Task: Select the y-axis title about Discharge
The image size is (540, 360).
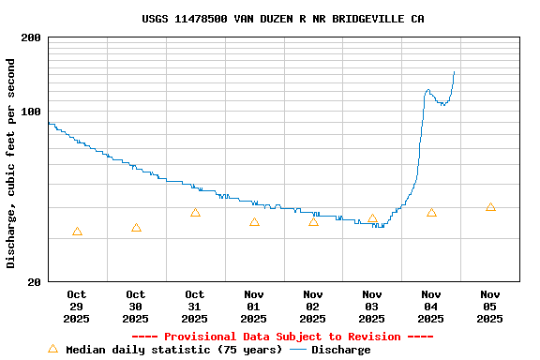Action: [x=11, y=163]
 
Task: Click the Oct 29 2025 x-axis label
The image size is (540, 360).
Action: [x=77, y=307]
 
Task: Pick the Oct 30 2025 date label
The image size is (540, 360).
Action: [x=136, y=307]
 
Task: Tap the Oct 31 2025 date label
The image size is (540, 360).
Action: [x=195, y=307]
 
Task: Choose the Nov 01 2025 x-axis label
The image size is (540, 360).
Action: [x=254, y=307]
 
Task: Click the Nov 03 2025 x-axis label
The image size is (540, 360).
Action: [x=372, y=307]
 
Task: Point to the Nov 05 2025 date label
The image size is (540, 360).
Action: [x=490, y=307]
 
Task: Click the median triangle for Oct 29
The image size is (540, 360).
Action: [x=77, y=232]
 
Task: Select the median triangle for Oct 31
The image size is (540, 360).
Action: [x=195, y=213]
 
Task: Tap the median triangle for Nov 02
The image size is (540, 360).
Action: [x=313, y=222]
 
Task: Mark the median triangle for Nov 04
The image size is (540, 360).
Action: [x=431, y=213]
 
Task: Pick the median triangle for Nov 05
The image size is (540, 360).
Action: [x=490, y=207]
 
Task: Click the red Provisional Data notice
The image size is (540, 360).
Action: [x=282, y=337]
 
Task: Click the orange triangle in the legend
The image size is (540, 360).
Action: [x=52, y=349]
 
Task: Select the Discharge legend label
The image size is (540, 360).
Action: [x=340, y=350]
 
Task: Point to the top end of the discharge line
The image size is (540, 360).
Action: [x=454, y=71]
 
